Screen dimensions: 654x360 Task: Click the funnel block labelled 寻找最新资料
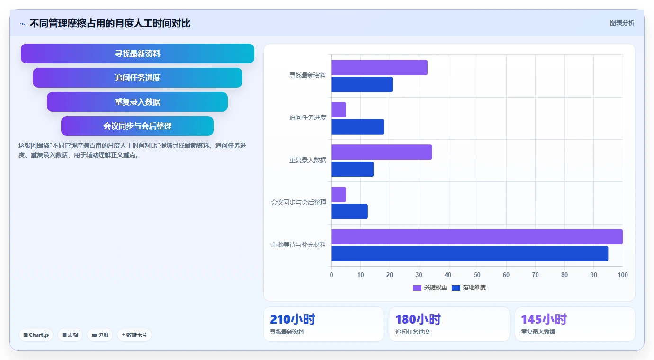137,54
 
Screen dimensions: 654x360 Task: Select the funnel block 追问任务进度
137,78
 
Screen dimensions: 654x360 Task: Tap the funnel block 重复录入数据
137,102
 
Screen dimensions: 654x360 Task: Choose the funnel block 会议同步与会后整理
137,126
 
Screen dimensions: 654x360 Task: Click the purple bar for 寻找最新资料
379,67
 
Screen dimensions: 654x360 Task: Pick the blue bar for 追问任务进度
358,127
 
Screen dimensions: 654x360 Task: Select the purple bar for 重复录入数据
382,152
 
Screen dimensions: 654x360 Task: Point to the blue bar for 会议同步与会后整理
350,211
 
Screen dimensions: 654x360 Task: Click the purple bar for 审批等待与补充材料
477,237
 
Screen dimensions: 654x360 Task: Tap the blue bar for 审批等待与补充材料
470,254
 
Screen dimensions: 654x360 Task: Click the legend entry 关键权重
430,288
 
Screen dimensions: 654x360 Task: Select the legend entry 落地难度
469,288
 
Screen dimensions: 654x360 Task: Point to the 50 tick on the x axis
477,275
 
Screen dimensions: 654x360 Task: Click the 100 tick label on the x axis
623,275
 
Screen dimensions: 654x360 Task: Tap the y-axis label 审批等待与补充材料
298,245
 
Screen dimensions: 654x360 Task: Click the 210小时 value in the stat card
293,319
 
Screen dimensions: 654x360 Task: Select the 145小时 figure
544,319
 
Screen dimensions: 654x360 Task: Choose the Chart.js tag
36,335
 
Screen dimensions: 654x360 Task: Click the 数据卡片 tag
134,335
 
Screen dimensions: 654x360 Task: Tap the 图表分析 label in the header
622,23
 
